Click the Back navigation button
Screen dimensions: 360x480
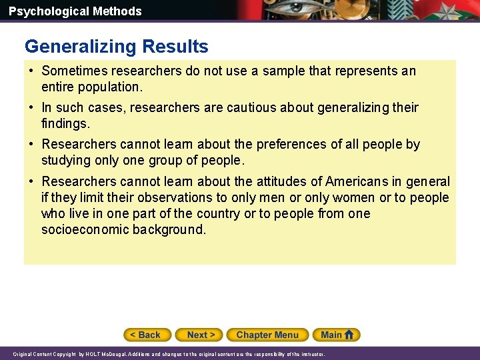[147, 335]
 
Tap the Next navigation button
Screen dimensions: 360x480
[201, 335]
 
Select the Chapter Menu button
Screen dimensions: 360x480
[267, 335]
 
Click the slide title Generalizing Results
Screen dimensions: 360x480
[117, 47]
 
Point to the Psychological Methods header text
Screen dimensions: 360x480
[75, 11]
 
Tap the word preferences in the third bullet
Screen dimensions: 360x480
[304, 144]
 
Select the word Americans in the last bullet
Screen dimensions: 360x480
[360, 181]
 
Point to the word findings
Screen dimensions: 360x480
[65, 123]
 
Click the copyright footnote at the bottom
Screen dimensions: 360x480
[169, 355]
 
